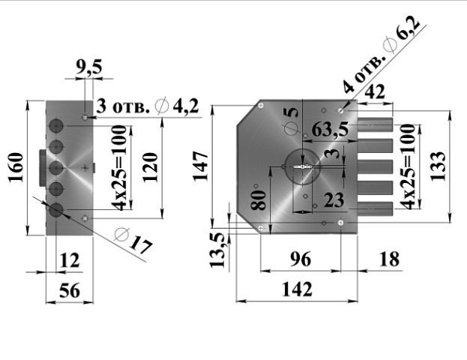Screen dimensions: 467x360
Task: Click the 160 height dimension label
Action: [x=16, y=167]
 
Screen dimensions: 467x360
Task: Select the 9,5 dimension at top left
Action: [x=88, y=67]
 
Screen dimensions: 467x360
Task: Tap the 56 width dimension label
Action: [x=70, y=290]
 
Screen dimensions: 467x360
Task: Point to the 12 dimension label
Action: [x=70, y=260]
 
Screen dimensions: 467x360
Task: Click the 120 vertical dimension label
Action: [x=150, y=167]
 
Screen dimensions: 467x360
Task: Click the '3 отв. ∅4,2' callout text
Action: [x=147, y=106]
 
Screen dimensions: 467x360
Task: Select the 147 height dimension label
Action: [x=200, y=166]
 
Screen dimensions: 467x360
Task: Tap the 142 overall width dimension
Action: [x=297, y=289]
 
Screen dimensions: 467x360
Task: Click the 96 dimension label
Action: [x=301, y=259]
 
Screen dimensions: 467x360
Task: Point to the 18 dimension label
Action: [x=389, y=259]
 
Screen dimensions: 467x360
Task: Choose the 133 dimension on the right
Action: [x=439, y=166]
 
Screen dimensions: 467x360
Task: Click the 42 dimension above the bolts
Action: [x=375, y=91]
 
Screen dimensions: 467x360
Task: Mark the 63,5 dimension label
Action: [x=330, y=130]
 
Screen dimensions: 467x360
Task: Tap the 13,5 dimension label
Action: [x=217, y=250]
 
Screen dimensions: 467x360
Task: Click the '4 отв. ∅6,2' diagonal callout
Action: [x=382, y=55]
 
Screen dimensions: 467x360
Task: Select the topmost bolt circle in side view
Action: [x=56, y=126]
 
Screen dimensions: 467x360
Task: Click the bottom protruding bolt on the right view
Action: [x=376, y=208]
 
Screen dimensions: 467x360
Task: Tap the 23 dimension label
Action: [x=334, y=200]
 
